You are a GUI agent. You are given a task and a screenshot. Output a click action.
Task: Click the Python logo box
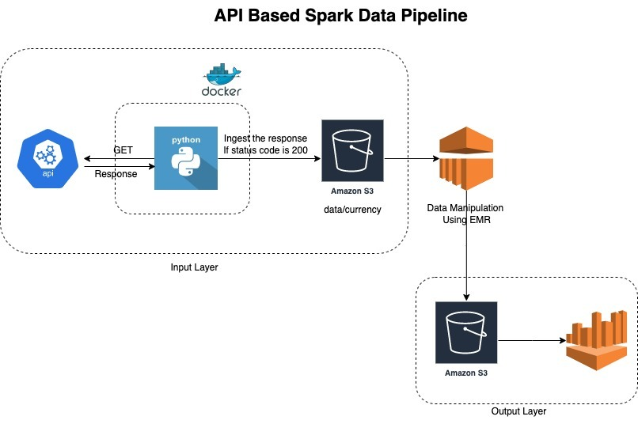coord(186,157)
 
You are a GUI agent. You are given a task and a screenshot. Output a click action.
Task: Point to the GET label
coord(123,150)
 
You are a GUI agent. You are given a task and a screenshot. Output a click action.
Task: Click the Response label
coord(116,174)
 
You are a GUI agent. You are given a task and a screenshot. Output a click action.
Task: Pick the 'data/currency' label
coord(352,210)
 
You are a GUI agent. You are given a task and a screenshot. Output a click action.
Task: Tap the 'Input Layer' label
coord(194,267)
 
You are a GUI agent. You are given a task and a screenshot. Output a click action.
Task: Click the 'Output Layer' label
coord(518,411)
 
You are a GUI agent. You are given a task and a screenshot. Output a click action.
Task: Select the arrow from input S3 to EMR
coord(411,158)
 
